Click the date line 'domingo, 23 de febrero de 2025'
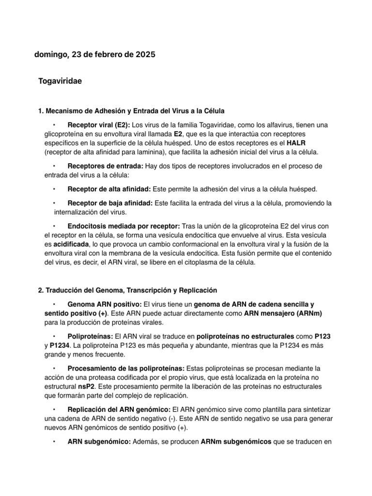pos(95,55)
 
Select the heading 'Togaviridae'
pos(60,81)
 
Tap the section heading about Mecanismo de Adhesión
pos(131,111)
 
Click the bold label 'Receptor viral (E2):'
pos(99,124)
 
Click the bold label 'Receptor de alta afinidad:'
pos(109,188)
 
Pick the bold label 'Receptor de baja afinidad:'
pos(110,203)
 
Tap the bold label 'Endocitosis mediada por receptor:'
pos(124,226)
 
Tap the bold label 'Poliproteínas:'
pos(90,336)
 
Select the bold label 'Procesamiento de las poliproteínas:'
pos(126,368)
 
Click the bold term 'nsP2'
pos(87,387)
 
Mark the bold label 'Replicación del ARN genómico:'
pos(119,409)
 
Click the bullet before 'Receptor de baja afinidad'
pos(55,203)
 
